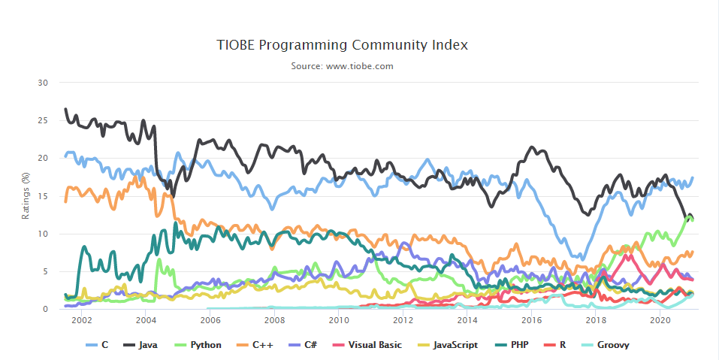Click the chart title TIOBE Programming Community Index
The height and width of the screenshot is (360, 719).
pos(342,45)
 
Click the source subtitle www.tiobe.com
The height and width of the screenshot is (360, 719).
pos(342,66)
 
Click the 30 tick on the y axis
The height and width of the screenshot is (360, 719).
pos(44,83)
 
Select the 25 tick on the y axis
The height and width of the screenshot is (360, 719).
pos(44,120)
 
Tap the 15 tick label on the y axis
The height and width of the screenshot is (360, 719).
pos(44,196)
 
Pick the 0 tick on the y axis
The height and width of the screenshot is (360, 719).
pos(46,309)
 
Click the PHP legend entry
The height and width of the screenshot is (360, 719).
pos(513,345)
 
